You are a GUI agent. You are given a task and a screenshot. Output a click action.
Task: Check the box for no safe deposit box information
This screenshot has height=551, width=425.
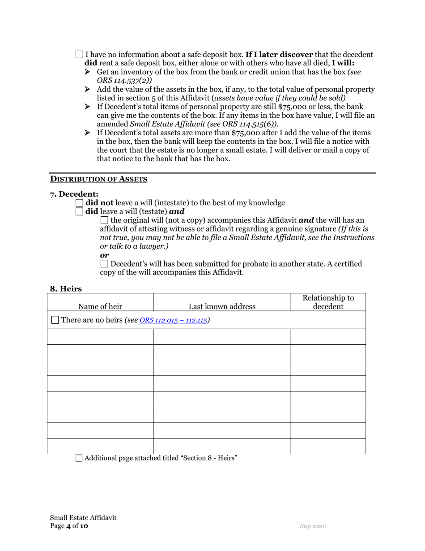pos(79,55)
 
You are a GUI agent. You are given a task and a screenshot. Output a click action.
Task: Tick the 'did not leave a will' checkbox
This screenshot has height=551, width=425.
pos(79,203)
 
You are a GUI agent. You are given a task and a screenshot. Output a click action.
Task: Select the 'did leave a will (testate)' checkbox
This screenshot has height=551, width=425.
pos(79,211)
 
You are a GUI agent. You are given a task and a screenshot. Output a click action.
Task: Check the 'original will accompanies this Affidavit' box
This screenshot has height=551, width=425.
pos(104,220)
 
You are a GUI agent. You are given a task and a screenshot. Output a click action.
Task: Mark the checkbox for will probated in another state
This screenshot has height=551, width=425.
pos(104,264)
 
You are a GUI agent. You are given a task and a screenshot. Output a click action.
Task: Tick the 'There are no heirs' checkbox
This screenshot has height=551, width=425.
pos(55,320)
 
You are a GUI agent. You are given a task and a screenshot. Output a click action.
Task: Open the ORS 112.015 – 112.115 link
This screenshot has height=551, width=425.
pos(174,320)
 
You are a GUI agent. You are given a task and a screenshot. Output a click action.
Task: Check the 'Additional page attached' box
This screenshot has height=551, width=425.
pos(79,458)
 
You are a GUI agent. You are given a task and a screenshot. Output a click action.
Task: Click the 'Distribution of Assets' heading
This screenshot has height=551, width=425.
pos(98,179)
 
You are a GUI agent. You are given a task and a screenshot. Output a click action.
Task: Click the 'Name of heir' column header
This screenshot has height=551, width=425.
pos(100,306)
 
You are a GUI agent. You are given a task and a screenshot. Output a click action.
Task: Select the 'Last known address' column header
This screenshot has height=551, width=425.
pos(222,306)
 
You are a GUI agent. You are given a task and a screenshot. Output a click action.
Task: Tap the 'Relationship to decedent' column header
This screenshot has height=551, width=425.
pos(328,302)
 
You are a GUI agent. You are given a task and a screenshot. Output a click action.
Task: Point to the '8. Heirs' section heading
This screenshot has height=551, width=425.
pos(66,289)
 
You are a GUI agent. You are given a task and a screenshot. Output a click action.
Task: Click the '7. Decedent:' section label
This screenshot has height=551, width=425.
pos(74,194)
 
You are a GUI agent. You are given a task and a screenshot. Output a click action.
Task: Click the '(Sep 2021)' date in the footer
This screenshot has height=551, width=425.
pos(313,526)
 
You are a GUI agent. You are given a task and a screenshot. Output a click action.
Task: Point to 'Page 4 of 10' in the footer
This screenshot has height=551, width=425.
pos(69,526)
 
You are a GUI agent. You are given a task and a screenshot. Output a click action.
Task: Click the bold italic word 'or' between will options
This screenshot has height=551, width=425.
pos(104,255)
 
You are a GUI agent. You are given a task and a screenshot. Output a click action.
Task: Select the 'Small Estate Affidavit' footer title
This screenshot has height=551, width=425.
pos(83,517)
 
